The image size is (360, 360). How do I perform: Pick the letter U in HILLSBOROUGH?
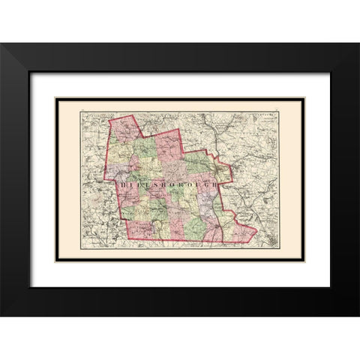[197, 182]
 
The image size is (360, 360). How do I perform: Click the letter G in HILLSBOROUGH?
[207, 182]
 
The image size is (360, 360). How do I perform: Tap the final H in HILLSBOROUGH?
[217, 182]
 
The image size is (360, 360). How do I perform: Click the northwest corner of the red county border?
[109, 120]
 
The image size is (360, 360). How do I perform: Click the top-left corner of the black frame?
[1, 43]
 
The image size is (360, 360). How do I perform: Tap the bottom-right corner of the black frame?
[358, 315]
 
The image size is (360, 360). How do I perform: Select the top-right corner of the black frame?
[358, 43]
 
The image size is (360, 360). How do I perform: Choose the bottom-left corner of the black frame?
[1, 315]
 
